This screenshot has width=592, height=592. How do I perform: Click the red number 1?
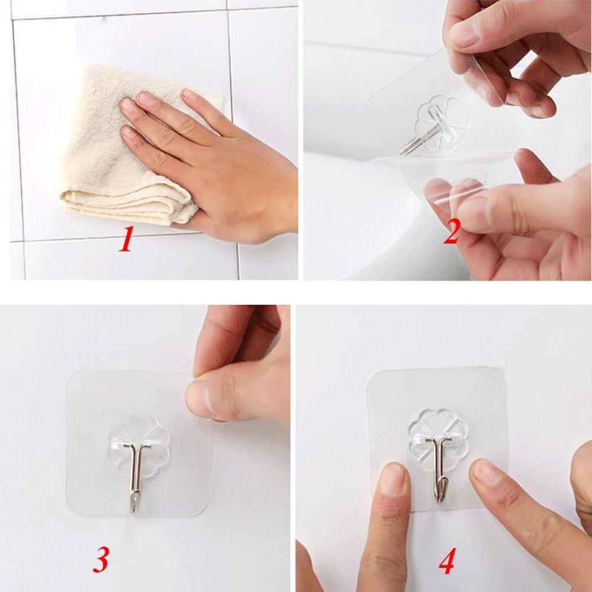pos(125,240)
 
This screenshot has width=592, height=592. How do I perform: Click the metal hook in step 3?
pos(137,474)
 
